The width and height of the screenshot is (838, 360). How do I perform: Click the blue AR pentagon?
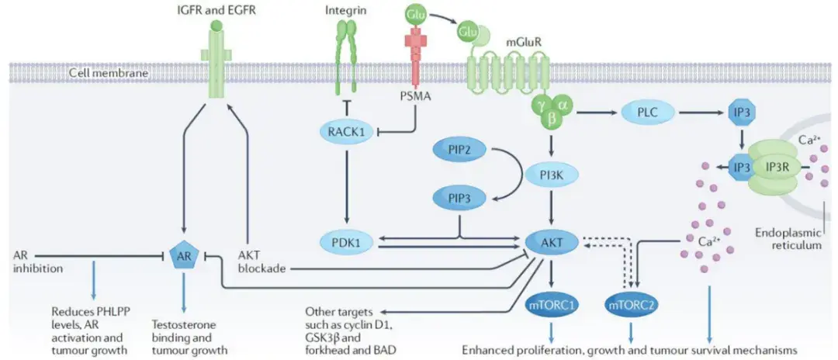pyautogui.click(x=183, y=256)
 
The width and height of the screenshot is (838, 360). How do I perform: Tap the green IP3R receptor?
pyautogui.click(x=780, y=168)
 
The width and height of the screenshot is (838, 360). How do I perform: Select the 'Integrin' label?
pyautogui.click(x=343, y=11)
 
